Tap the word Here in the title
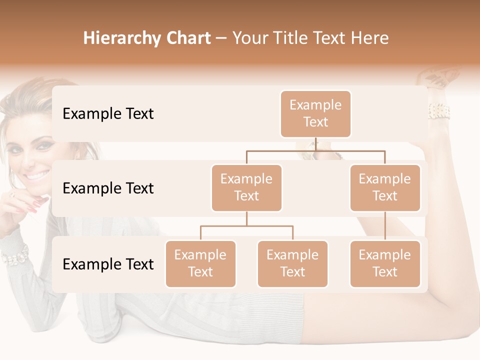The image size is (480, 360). coord(370,38)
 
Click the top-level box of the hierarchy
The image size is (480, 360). coord(315,113)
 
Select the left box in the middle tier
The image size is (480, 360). coord(246,187)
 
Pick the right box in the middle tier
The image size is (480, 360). coord(385,187)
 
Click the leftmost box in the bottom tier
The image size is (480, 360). coord(200,263)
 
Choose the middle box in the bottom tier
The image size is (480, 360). coord(292,263)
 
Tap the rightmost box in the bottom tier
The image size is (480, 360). coord(385,263)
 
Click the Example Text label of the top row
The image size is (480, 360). coord(108,113)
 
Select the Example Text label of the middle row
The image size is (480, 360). coord(108,188)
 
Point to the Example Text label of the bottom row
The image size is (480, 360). coord(108,264)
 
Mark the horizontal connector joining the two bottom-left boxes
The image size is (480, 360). coord(246,226)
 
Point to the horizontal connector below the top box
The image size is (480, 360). coord(315,150)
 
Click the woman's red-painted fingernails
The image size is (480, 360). coord(36,204)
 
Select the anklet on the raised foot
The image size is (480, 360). coord(438,111)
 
